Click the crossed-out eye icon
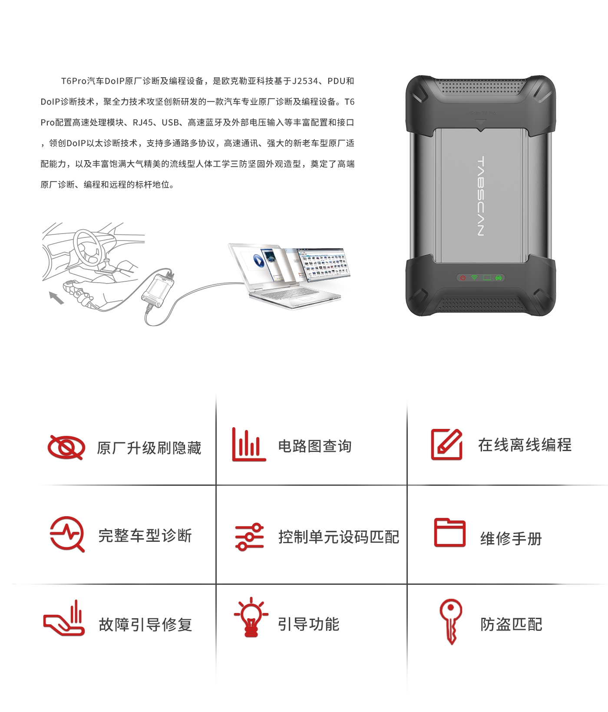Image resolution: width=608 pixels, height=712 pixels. point(66,447)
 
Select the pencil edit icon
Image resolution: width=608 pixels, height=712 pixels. point(446,444)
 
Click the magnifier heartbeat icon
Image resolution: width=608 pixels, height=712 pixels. point(66,534)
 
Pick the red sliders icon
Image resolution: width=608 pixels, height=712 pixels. point(249,537)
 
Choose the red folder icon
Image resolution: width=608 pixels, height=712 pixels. point(450,533)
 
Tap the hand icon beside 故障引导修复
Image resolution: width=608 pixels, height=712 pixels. point(64,618)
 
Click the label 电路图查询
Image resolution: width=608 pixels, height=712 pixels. point(315,446)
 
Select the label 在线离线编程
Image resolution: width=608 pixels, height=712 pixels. point(525,445)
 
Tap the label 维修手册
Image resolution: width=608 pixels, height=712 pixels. point(511,539)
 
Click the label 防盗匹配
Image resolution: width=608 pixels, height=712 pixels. point(511,625)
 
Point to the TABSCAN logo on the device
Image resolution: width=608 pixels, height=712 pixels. point(480,196)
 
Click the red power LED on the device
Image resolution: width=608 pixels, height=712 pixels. point(463,277)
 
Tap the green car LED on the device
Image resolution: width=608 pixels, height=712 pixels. point(499,277)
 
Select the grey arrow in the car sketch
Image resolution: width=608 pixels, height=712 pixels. point(56,298)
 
